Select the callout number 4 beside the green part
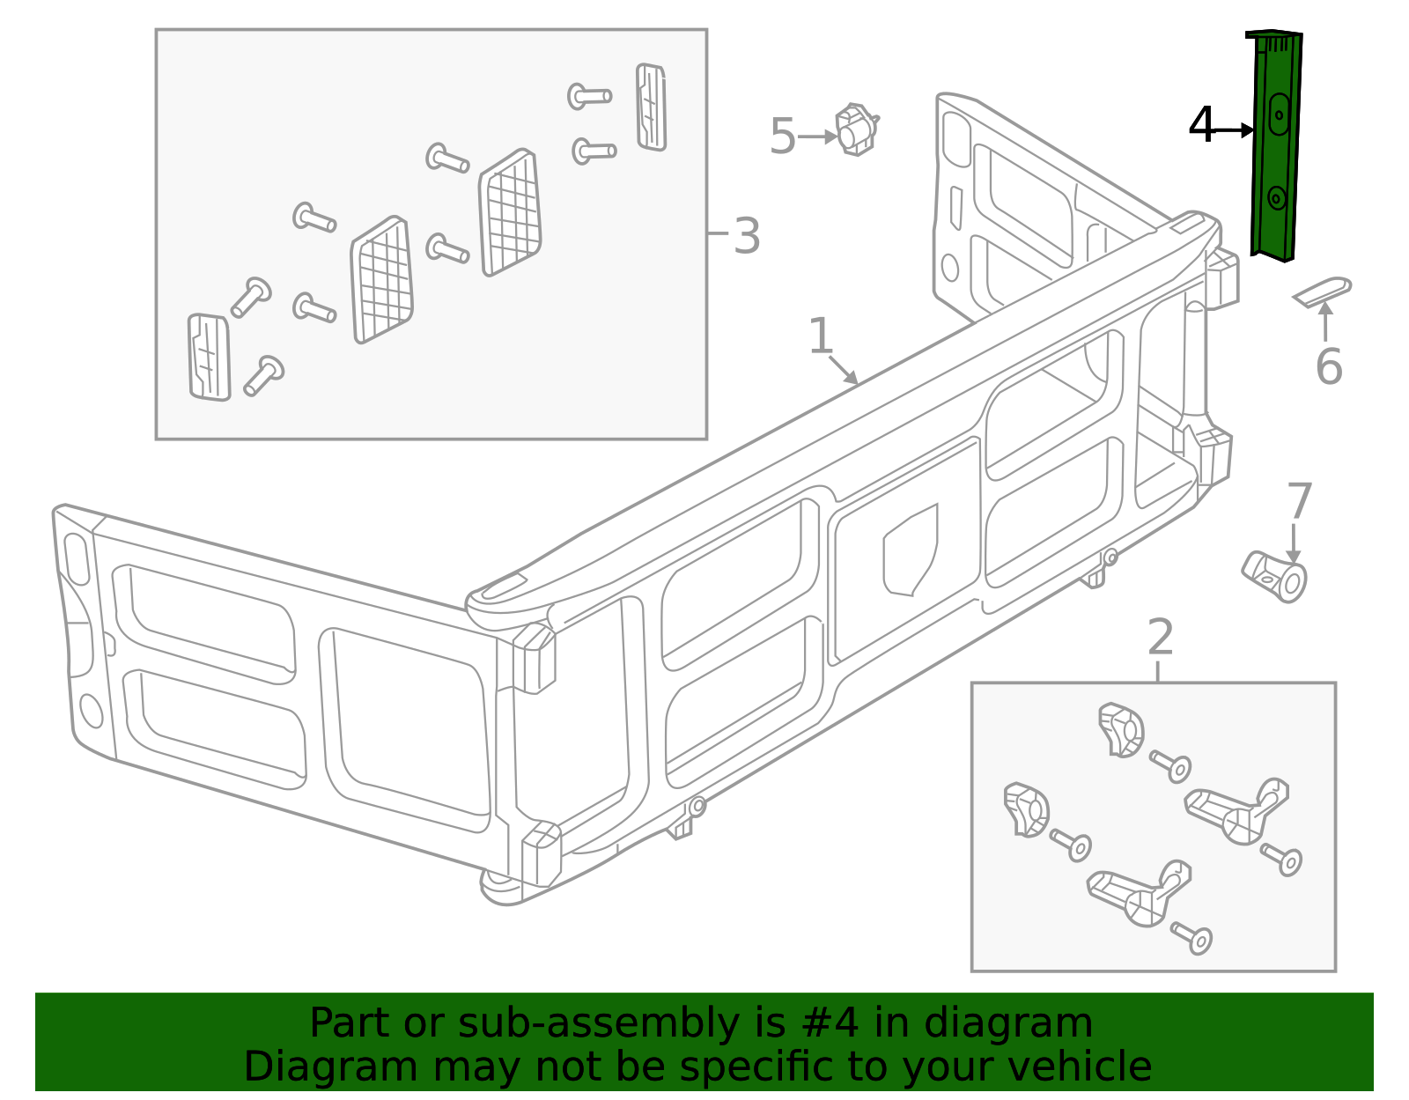pyautogui.click(x=1201, y=125)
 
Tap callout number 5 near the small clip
pyautogui.click(x=782, y=137)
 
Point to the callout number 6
pyautogui.click(x=1329, y=366)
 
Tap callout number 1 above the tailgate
pyautogui.click(x=820, y=336)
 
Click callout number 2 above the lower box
pyautogui.click(x=1161, y=637)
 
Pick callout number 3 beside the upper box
pyautogui.click(x=747, y=236)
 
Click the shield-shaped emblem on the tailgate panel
pyautogui.click(x=911, y=550)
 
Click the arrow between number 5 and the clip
pyautogui.click(x=817, y=137)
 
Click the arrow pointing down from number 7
pyautogui.click(x=1294, y=543)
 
